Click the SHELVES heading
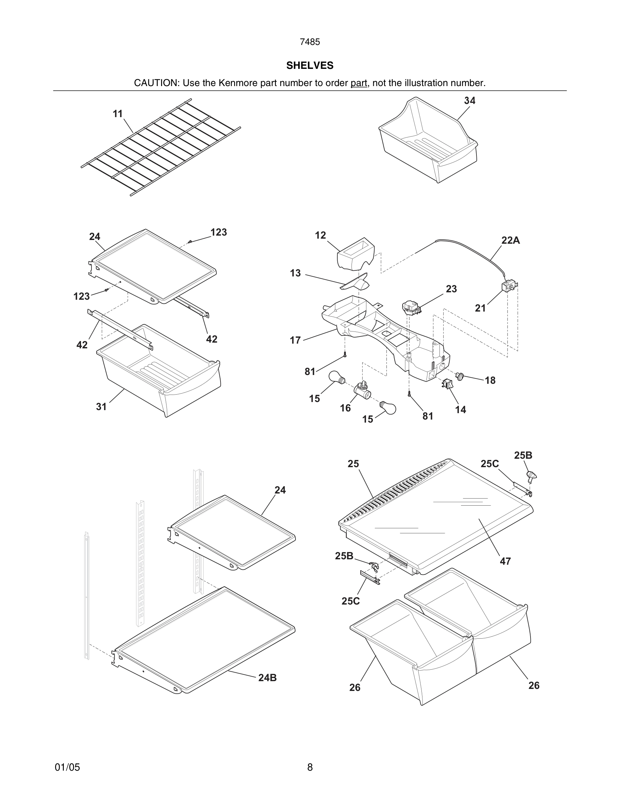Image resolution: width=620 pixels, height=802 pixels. (x=310, y=65)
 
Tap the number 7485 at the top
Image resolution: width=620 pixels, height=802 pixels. (x=310, y=42)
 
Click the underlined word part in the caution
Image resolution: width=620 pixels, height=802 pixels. (x=359, y=83)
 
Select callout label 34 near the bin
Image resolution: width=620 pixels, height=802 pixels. (x=469, y=101)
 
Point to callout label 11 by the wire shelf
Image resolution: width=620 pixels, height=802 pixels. (x=118, y=114)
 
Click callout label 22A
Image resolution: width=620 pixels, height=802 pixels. (x=510, y=241)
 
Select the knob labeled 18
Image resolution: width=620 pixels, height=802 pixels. (x=460, y=376)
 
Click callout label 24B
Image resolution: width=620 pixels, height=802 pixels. (x=267, y=678)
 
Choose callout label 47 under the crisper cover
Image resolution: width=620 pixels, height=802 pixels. (x=505, y=561)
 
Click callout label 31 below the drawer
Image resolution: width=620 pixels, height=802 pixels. (x=101, y=406)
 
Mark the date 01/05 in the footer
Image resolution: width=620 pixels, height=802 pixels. (x=67, y=767)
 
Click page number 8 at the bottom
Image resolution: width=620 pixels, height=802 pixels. (x=310, y=767)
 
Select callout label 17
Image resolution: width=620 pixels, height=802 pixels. (x=295, y=340)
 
